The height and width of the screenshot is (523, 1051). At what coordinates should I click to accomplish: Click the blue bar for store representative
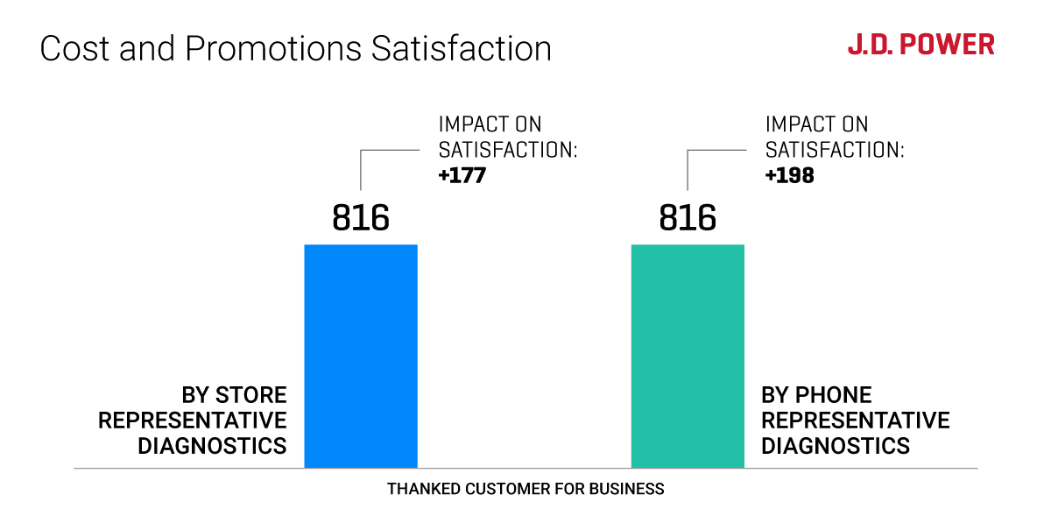[x=361, y=355]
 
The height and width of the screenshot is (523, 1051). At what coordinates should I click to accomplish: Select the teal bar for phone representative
[x=688, y=355]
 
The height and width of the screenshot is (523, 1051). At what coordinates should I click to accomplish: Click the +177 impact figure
[x=462, y=175]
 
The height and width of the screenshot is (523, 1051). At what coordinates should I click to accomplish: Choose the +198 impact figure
[x=789, y=175]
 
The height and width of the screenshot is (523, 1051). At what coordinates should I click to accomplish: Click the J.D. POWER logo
[x=921, y=45]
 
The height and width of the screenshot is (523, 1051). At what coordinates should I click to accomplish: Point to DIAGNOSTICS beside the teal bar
[x=836, y=446]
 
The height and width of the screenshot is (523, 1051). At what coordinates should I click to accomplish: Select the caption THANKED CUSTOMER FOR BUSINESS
[x=525, y=489]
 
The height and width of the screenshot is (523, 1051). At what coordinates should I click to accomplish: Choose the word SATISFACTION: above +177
[x=508, y=150]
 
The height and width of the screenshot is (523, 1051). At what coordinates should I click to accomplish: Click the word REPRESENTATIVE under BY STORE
[x=193, y=421]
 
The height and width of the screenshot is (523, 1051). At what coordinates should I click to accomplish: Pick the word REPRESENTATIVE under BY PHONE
[x=856, y=421]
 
